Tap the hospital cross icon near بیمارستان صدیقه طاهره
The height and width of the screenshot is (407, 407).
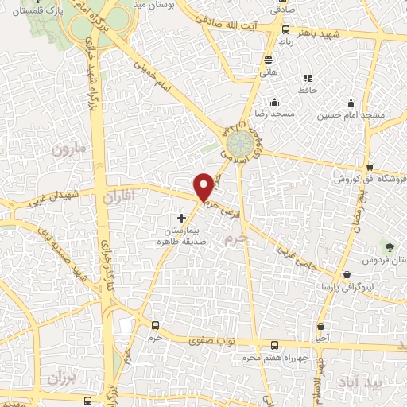pos(182,217)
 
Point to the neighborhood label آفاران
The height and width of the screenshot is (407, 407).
pos(121,194)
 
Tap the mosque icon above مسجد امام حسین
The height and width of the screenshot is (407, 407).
pos(351,103)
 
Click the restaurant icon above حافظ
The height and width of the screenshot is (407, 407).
pos(308,78)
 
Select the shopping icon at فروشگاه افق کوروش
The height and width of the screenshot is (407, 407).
pos(370,166)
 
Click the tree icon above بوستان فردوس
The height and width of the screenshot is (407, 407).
pos(389,246)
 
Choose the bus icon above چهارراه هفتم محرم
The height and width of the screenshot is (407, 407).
pos(274,345)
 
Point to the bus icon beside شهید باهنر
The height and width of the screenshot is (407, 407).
pos(285,29)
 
